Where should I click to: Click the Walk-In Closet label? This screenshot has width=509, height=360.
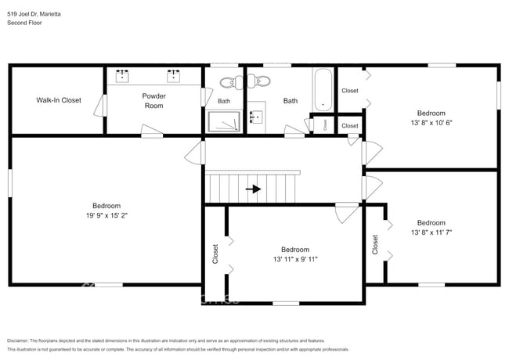click(x=59, y=100)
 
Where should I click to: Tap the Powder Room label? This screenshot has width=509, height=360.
click(x=153, y=101)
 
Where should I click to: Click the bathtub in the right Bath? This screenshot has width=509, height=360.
click(x=322, y=90)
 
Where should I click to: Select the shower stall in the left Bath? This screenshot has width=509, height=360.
click(x=226, y=121)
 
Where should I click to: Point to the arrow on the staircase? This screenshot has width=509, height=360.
click(x=253, y=189)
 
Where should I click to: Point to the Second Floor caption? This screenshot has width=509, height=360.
click(x=25, y=23)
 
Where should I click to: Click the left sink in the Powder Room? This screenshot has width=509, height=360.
click(x=123, y=76)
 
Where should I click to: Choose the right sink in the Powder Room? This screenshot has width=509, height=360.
click(x=173, y=76)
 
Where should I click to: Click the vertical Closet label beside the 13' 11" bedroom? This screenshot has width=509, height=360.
click(x=215, y=252)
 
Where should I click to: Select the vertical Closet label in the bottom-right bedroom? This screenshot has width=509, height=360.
click(x=375, y=244)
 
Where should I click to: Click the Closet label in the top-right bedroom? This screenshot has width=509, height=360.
click(x=350, y=91)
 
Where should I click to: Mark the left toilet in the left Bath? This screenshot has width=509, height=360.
click(x=226, y=81)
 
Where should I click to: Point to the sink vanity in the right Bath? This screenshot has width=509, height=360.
click(x=256, y=118)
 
